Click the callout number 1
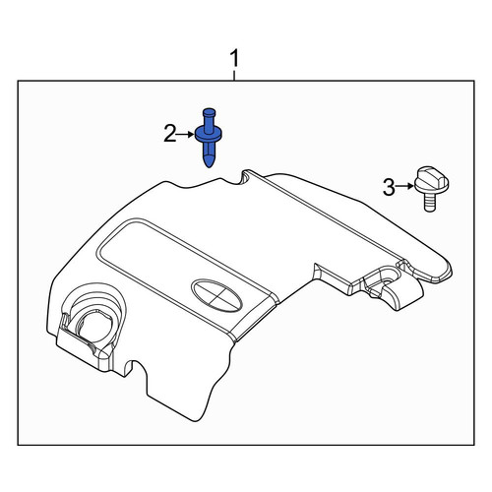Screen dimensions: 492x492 coord(234,58)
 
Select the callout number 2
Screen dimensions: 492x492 coord(170,134)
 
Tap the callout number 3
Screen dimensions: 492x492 coord(389,188)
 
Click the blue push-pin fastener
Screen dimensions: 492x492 coord(209,137)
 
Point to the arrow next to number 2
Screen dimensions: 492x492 coord(185,134)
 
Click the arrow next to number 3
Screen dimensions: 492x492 coord(404,186)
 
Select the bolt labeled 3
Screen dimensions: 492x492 coord(431,189)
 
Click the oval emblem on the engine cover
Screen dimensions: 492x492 coord(216,296)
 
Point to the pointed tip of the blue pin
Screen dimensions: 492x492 coord(209,167)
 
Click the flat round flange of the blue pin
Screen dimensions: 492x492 coord(209,135)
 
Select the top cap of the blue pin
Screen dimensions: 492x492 coord(209,112)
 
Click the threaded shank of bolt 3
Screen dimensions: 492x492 coord(430,202)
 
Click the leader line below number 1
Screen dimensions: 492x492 coord(234,74)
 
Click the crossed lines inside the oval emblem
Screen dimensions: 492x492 coord(216,296)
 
